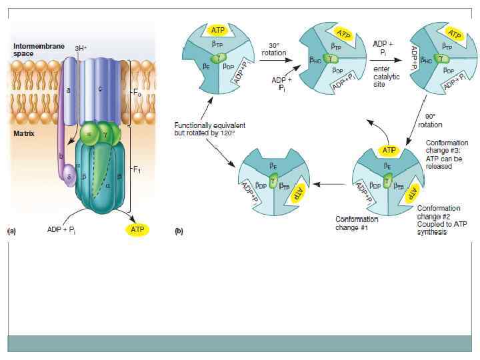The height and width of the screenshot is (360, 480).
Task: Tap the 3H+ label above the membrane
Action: pyautogui.click(x=81, y=48)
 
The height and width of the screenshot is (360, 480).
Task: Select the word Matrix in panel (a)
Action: pyautogui.click(x=23, y=133)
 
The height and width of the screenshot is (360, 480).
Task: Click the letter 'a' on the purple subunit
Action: pyautogui.click(x=69, y=91)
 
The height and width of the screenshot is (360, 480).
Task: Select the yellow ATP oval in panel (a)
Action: pyautogui.click(x=137, y=229)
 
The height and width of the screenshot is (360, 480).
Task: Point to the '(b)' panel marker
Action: pyautogui.click(x=179, y=231)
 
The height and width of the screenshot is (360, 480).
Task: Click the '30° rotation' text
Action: pyautogui.click(x=273, y=49)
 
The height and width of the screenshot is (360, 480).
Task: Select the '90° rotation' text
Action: pyautogui.click(x=430, y=121)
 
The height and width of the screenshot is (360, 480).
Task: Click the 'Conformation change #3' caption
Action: pyautogui.click(x=446, y=155)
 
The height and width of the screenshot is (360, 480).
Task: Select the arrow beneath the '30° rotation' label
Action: pyautogui.click(x=275, y=61)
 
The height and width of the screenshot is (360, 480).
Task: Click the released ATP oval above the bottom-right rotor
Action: pyautogui.click(x=389, y=150)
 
